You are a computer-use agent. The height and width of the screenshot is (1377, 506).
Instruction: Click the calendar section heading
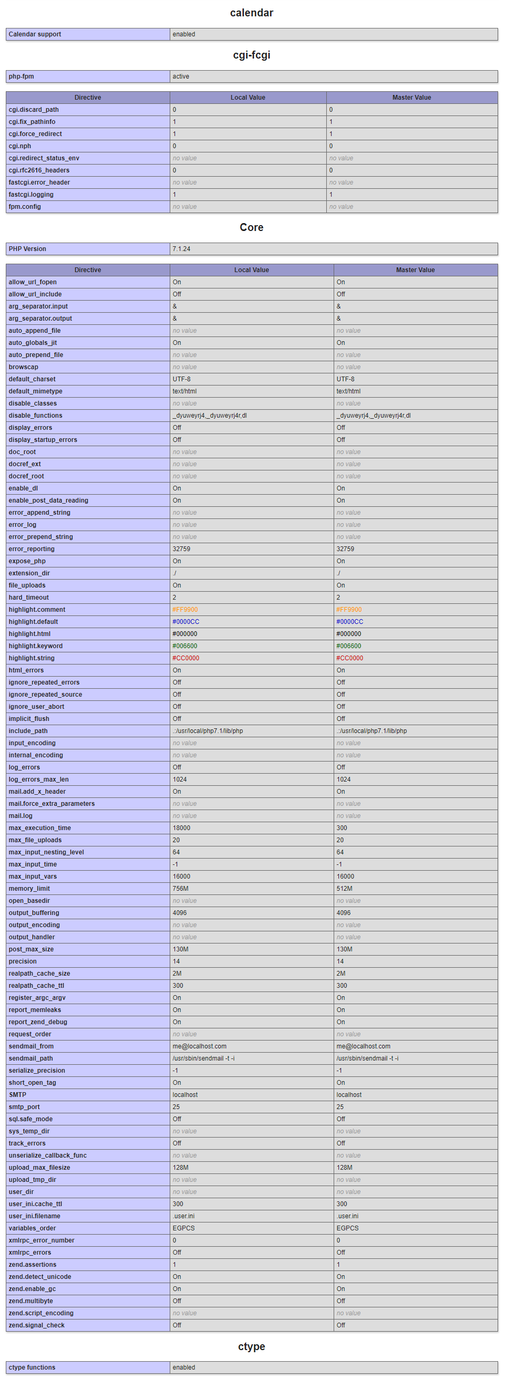pyautogui.click(x=251, y=13)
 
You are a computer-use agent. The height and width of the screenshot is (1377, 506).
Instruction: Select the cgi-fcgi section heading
pyautogui.click(x=251, y=55)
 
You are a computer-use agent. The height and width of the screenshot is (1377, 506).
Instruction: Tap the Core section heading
pyautogui.click(x=251, y=227)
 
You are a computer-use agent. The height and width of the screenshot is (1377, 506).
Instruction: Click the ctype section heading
pyautogui.click(x=251, y=1346)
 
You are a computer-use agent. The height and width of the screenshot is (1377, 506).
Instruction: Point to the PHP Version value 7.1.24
pyautogui.click(x=182, y=249)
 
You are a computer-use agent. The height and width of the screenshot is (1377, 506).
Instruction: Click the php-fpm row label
pyautogui.click(x=22, y=76)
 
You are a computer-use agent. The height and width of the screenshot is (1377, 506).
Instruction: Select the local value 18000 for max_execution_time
pyautogui.click(x=182, y=828)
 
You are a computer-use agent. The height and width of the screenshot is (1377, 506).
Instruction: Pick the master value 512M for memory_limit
pyautogui.click(x=345, y=889)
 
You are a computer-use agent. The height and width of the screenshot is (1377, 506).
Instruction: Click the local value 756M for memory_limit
pyautogui.click(x=181, y=889)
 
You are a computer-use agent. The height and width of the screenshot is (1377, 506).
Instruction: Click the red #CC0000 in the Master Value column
pyautogui.click(x=349, y=658)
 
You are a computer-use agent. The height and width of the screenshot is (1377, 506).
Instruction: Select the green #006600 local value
pyautogui.click(x=185, y=646)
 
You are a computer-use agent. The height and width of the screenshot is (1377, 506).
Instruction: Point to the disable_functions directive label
pyautogui.click(x=35, y=416)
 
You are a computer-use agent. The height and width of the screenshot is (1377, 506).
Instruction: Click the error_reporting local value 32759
pyautogui.click(x=182, y=549)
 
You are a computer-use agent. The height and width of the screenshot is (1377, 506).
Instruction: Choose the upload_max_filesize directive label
pyautogui.click(x=40, y=1168)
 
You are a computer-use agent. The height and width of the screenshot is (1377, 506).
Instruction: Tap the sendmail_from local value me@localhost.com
pyautogui.click(x=199, y=1046)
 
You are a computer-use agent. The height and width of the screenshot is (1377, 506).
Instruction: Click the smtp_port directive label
pyautogui.click(x=24, y=1107)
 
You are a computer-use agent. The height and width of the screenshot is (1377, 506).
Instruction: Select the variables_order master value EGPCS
pyautogui.click(x=347, y=1228)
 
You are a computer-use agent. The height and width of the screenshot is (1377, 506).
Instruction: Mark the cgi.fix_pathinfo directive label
pyautogui.click(x=32, y=122)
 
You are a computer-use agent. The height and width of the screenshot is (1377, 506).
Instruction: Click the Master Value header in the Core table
pyautogui.click(x=415, y=270)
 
